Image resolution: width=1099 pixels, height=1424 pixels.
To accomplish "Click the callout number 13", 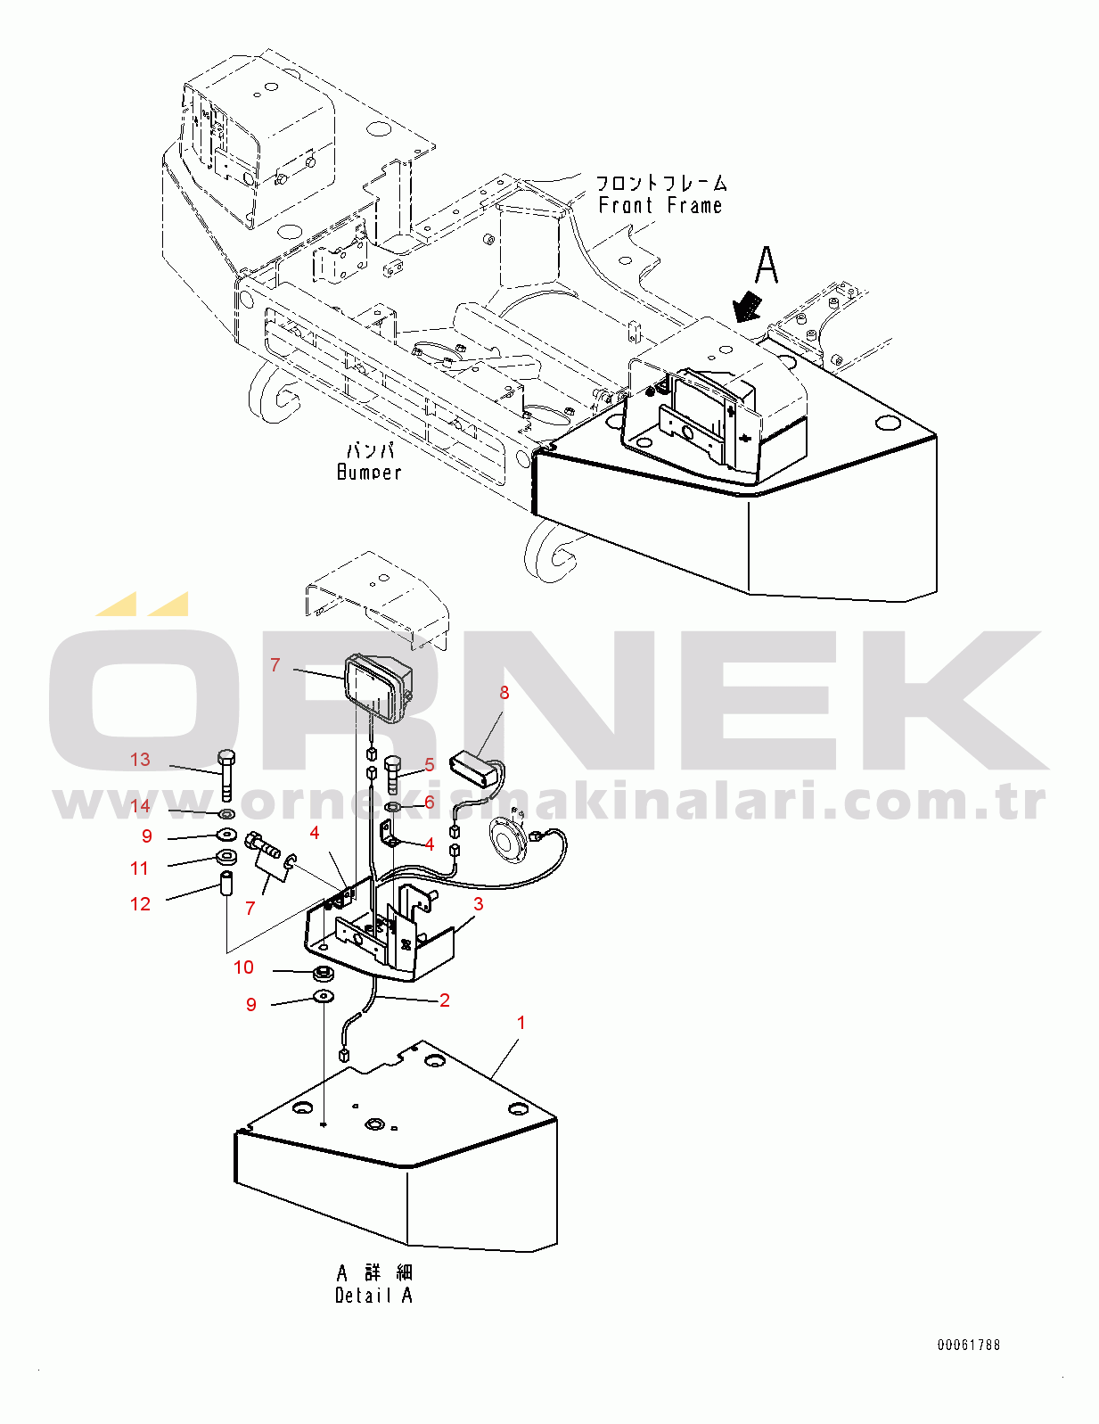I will [140, 760].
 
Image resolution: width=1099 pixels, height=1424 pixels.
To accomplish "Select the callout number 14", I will [140, 806].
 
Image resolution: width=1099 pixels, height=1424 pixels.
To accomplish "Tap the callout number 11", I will [139, 868].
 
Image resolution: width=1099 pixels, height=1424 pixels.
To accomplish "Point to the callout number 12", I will [140, 904].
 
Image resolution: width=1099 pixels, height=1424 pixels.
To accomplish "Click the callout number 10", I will [243, 967].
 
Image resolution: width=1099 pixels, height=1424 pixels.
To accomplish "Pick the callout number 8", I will [504, 693].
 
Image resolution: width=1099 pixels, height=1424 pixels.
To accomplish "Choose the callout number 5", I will [430, 765].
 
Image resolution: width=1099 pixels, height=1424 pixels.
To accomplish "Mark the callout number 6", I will [430, 803].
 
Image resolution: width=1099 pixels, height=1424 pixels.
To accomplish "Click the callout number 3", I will [479, 904].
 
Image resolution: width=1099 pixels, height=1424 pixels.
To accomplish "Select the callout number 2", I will [445, 1000].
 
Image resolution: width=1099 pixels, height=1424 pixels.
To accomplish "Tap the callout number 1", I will [521, 1023].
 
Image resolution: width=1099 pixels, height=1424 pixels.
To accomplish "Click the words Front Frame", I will [660, 206].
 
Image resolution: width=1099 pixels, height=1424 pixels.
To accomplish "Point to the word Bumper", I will [369, 473].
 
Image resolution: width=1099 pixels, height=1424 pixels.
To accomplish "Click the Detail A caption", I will [373, 1296].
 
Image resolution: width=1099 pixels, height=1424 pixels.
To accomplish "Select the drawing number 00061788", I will [968, 1345].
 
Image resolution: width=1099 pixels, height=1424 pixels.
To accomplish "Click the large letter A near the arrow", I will [767, 265].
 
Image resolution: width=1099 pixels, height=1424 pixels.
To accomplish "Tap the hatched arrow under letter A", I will [747, 306].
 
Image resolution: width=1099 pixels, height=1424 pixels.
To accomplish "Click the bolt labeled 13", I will [226, 775].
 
